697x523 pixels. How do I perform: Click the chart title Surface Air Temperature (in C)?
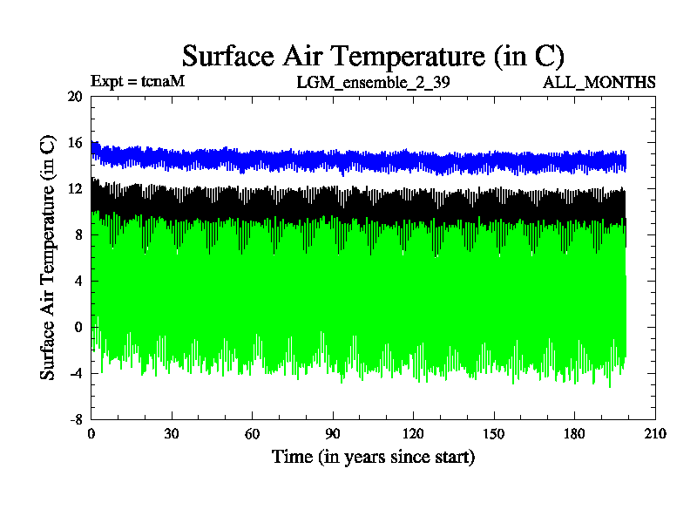point(373,56)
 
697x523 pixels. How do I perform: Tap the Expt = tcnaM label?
point(138,82)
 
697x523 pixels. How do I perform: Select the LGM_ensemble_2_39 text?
point(373,83)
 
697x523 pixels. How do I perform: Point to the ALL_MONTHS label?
point(599,83)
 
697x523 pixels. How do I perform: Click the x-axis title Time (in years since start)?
point(373,456)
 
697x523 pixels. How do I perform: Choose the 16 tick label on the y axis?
point(74,143)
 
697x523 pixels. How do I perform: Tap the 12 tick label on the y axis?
point(74,189)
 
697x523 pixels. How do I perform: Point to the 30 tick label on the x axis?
point(172,434)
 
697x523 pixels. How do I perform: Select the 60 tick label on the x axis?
point(252,434)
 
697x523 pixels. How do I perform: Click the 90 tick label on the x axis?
point(333,434)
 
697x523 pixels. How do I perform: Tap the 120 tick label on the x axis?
point(413,434)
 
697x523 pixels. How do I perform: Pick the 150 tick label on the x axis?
point(494,434)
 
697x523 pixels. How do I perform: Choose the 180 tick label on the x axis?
point(574,434)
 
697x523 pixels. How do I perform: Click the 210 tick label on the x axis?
point(654,434)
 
